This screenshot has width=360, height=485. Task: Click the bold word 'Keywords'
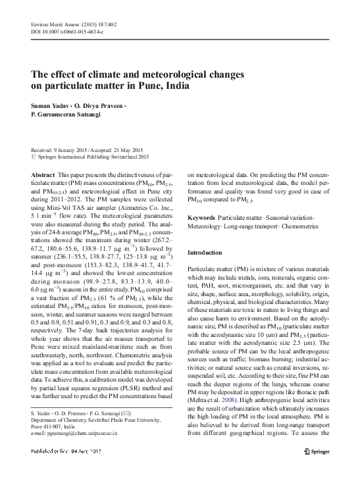pos(201,218)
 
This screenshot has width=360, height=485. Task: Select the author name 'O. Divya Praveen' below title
pos(99,105)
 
